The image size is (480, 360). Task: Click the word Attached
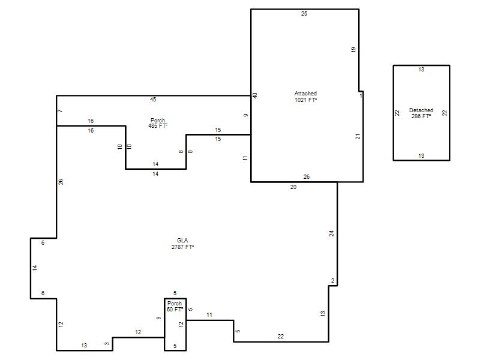[x=305, y=94]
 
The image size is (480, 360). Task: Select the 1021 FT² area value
[x=305, y=100]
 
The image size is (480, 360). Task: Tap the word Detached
[x=421, y=110]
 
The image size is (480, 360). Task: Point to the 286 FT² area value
[x=421, y=116]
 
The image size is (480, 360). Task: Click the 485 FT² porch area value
[x=158, y=126]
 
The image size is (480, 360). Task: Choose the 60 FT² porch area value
[x=175, y=310]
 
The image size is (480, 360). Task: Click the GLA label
[x=182, y=241]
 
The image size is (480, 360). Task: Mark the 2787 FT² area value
[x=183, y=247]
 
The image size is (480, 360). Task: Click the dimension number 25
[x=304, y=14]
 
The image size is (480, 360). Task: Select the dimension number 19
[x=353, y=50]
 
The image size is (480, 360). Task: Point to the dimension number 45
[x=153, y=100]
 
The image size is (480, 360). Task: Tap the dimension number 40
[x=254, y=95]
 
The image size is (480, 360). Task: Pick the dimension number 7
[x=60, y=111]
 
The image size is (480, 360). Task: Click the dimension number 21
[x=358, y=137]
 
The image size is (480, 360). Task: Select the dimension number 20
[x=293, y=187]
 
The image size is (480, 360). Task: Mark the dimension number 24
[x=332, y=233]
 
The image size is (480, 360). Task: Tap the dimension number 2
[x=333, y=281]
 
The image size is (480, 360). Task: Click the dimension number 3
[x=107, y=344]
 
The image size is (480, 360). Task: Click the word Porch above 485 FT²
[x=158, y=121]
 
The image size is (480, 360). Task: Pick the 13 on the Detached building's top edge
[x=421, y=70]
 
